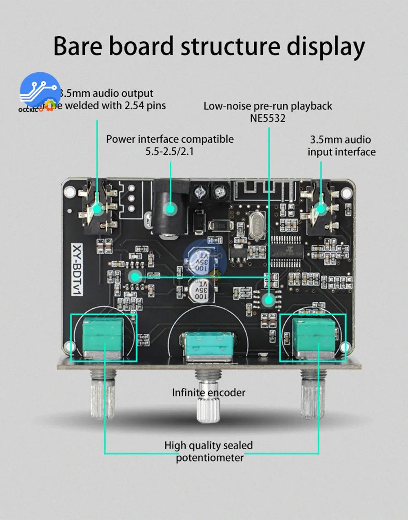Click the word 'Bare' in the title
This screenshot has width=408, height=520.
[78, 46]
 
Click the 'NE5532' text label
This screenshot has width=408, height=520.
[268, 118]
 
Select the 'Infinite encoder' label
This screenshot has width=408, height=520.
[208, 393]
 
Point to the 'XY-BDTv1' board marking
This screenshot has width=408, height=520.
[77, 270]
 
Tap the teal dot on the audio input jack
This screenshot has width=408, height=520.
[322, 209]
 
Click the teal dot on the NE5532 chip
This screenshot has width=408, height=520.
[268, 300]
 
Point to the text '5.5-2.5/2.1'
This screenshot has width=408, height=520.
[170, 151]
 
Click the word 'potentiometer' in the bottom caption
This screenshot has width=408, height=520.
[210, 458]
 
